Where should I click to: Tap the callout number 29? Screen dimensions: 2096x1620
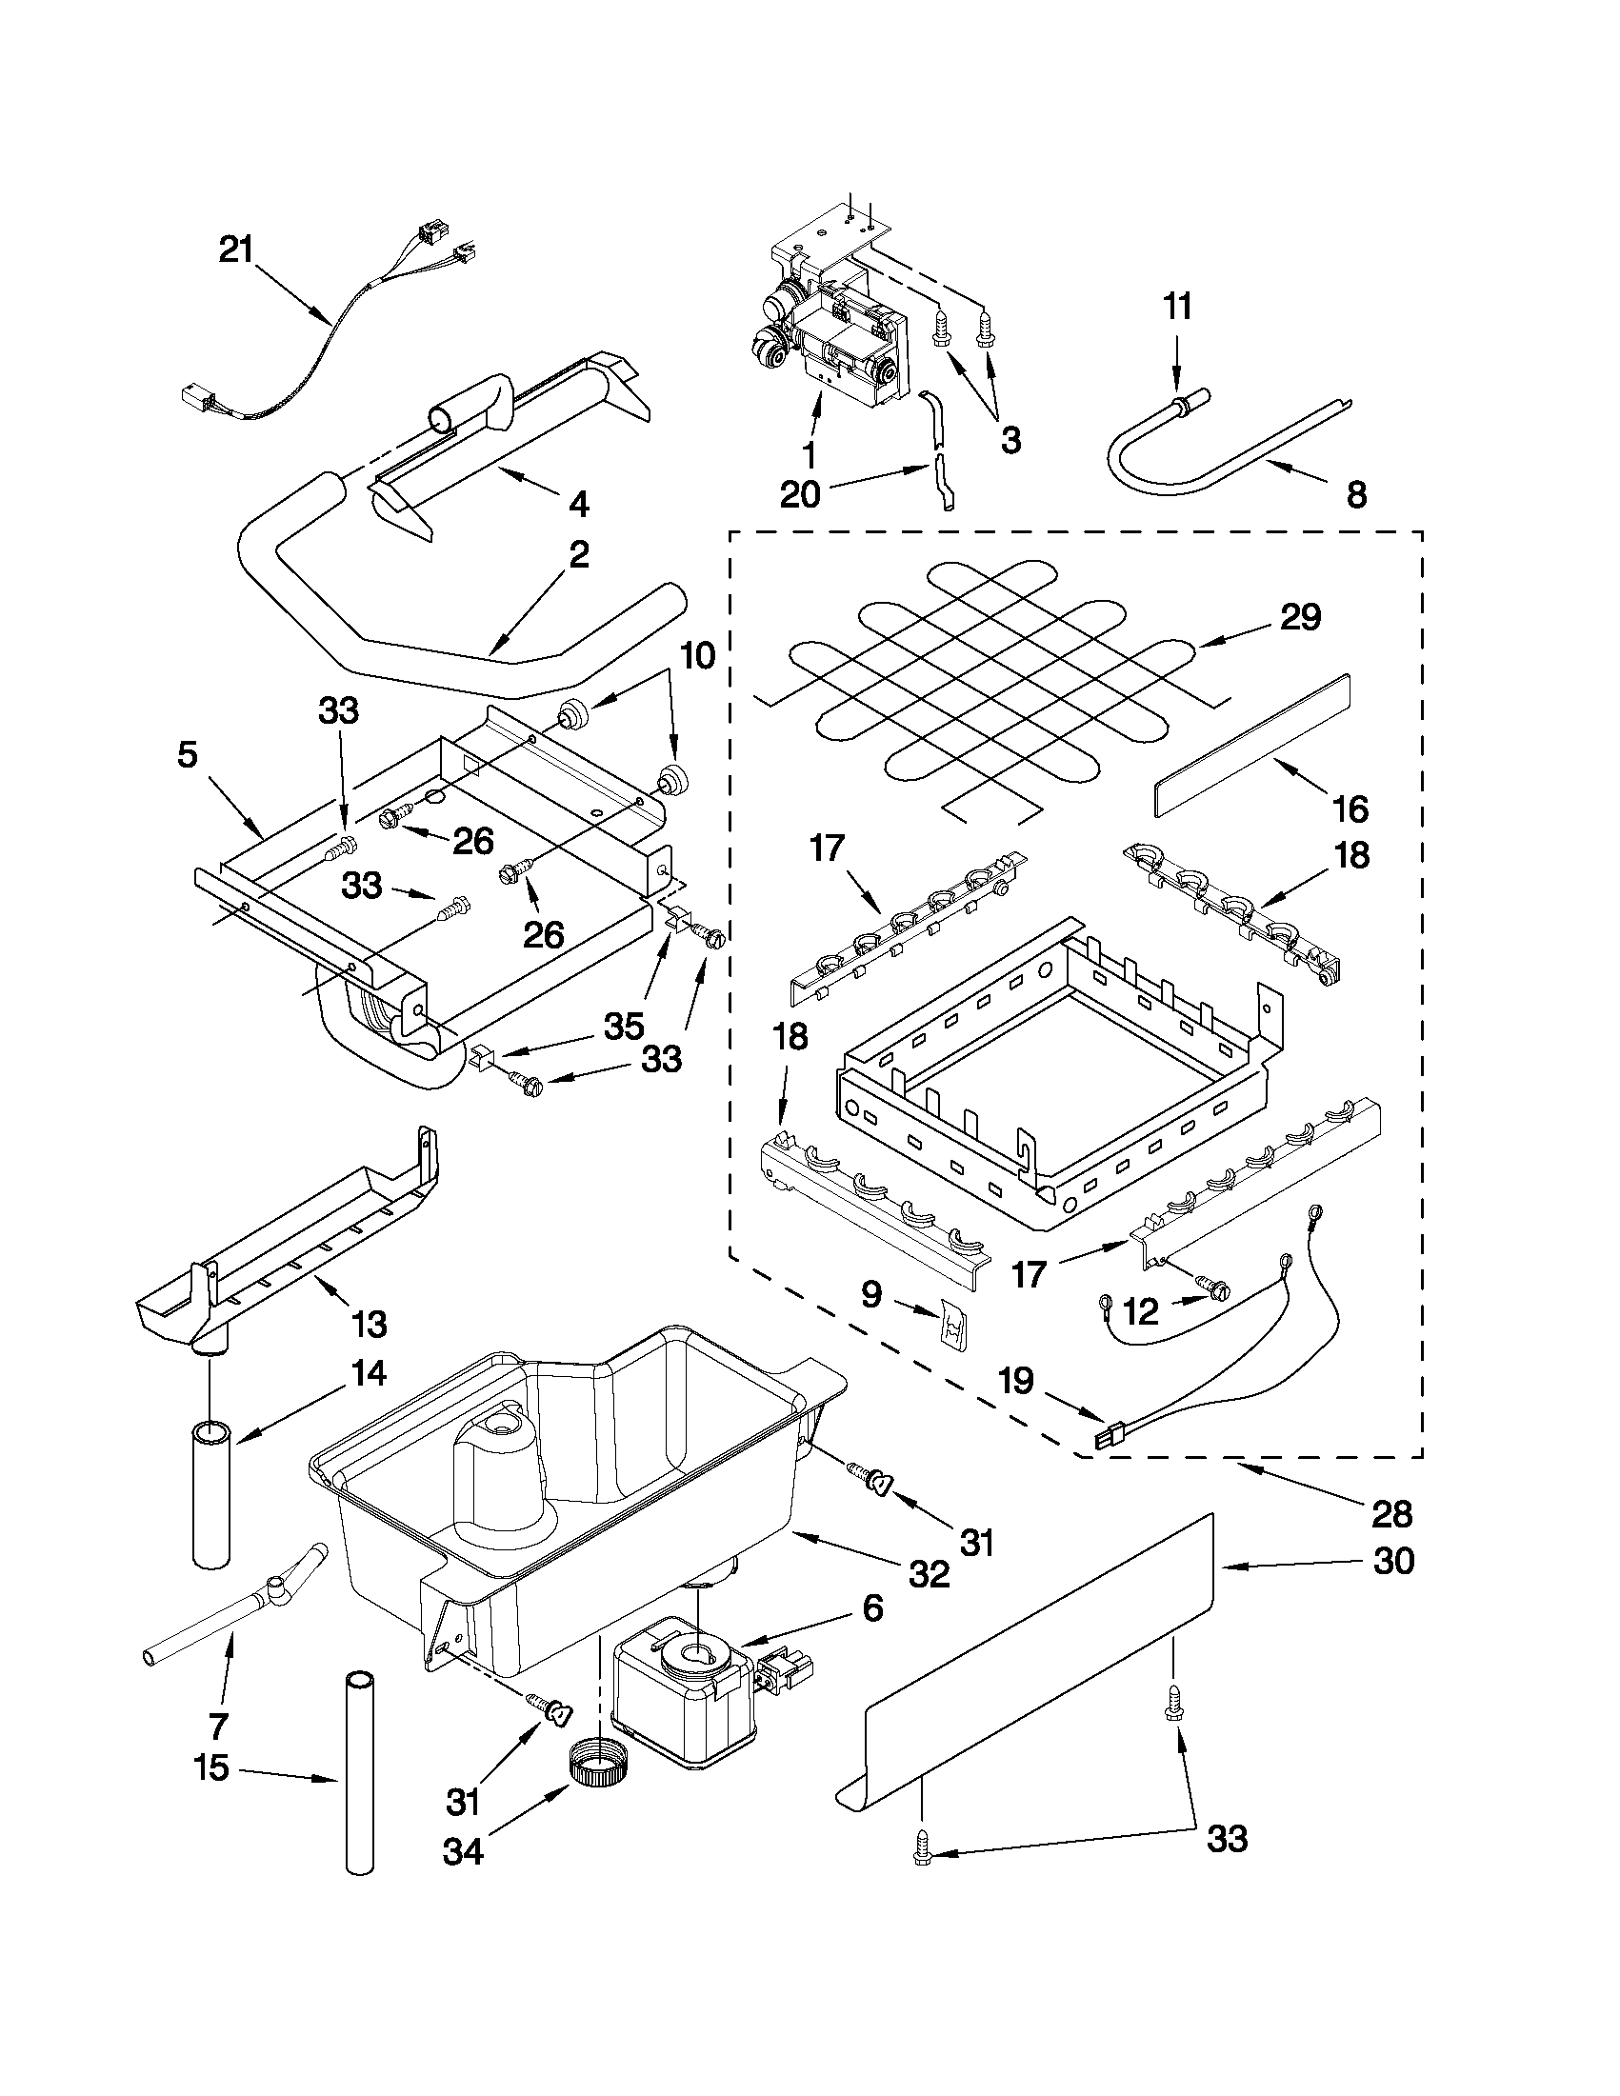tap(1300, 617)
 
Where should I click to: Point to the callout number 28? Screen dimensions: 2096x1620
tap(1391, 1513)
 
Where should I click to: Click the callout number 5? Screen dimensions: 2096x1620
tap(188, 754)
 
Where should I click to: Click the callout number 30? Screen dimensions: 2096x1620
tap(1393, 1562)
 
